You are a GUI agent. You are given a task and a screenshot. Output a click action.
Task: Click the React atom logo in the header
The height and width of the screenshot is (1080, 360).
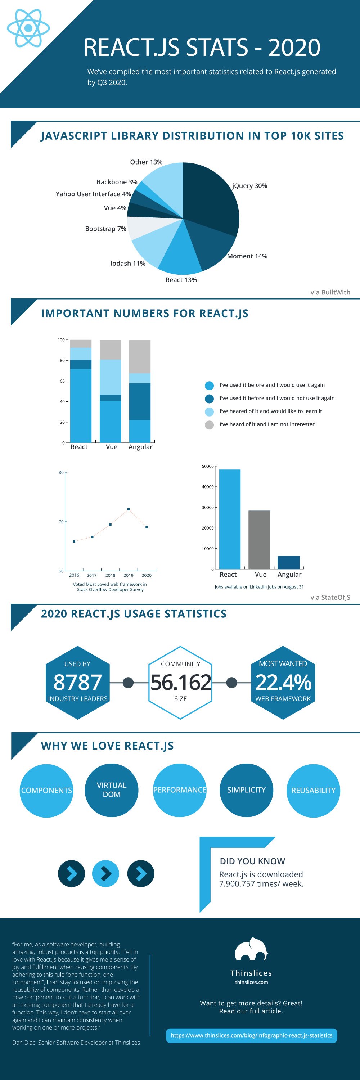(x=28, y=28)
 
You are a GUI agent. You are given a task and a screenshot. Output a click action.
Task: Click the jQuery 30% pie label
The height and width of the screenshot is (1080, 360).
(x=249, y=186)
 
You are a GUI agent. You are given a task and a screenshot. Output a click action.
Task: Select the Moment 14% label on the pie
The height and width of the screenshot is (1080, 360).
(x=247, y=256)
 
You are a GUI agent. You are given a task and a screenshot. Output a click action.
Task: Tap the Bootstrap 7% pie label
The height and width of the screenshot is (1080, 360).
(x=105, y=229)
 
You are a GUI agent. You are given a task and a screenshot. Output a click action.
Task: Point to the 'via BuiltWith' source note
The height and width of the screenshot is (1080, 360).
(x=330, y=292)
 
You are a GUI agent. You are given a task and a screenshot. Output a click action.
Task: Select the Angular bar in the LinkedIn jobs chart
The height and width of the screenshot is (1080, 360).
(x=288, y=562)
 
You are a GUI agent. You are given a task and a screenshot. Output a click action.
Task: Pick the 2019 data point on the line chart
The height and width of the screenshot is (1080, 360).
(x=129, y=509)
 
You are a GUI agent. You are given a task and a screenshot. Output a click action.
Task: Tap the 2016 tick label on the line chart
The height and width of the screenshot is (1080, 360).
(x=74, y=575)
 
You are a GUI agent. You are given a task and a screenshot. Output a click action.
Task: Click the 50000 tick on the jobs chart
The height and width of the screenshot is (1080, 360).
(x=208, y=466)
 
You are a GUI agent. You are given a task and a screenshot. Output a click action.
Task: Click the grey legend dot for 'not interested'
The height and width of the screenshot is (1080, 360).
(x=209, y=425)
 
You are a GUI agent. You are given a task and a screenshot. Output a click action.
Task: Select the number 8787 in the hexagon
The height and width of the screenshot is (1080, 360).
(x=77, y=682)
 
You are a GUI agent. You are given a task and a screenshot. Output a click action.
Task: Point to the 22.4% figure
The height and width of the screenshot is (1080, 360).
(x=283, y=682)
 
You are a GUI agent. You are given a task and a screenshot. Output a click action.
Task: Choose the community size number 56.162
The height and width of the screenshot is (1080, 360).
(x=181, y=682)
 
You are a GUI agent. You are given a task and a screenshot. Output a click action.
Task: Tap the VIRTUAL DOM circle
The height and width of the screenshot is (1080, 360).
(x=112, y=790)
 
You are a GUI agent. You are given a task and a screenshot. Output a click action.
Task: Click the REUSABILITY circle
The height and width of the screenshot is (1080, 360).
(x=313, y=790)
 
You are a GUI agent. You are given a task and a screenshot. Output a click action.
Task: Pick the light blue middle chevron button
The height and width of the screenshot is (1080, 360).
(x=105, y=873)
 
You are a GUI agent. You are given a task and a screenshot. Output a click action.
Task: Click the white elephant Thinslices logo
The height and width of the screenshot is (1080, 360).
(x=251, y=949)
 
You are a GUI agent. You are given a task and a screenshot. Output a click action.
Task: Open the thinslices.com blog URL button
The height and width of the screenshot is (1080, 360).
(x=251, y=1035)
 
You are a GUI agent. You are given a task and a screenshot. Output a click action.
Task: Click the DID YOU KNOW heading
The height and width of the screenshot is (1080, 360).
(x=252, y=861)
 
